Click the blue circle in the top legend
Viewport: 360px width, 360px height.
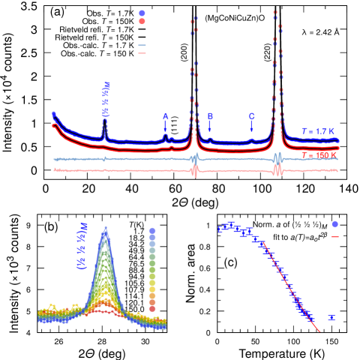142,13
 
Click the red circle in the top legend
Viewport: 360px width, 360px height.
142,22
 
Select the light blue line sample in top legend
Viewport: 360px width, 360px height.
142,46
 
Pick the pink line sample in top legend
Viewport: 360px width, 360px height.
142,53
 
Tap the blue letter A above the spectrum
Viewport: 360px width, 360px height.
166,116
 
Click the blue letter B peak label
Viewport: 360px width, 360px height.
210,116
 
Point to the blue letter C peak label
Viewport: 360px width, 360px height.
251,116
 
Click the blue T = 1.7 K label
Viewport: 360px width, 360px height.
318,131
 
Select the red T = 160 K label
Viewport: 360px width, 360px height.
319,155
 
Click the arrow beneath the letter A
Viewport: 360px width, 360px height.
166,127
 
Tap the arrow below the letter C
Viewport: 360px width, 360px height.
251,127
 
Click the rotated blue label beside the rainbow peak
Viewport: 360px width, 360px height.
82,245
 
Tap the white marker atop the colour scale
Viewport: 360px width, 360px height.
152,223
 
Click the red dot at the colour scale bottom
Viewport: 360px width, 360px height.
152,308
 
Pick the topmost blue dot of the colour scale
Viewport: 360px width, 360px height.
152,231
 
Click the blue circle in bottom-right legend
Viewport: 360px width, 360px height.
334,223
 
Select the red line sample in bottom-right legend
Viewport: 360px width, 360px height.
334,236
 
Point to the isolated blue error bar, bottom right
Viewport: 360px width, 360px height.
331,317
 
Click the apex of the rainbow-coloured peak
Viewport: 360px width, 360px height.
106,228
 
